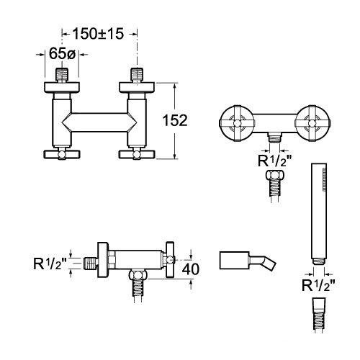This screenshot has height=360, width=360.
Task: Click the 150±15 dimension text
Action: tap(98, 34)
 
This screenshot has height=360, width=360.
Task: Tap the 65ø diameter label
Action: tap(62, 53)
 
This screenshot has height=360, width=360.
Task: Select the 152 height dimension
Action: tap(175, 120)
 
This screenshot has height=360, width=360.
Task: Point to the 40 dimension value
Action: tap(190, 269)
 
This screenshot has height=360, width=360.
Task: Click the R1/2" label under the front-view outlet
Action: tap(275, 161)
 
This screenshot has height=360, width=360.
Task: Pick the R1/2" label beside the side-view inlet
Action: tap(50, 264)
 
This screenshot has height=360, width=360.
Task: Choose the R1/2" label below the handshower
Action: tap(318, 285)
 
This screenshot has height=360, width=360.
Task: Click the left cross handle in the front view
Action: tap(237, 122)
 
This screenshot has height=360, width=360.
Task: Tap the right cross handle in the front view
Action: tap(312, 122)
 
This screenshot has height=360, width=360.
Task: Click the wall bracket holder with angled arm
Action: tap(248, 261)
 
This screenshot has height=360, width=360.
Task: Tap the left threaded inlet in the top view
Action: tap(62, 76)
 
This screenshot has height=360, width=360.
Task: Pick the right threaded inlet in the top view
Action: tap(137, 76)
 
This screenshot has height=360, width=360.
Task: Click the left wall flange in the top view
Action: tap(62, 87)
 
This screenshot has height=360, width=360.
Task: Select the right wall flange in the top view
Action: tap(137, 87)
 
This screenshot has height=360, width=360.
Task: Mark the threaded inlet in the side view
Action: tap(91, 264)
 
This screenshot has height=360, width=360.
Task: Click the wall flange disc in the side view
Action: tap(103, 260)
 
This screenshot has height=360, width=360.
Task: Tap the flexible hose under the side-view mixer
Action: tap(138, 291)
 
